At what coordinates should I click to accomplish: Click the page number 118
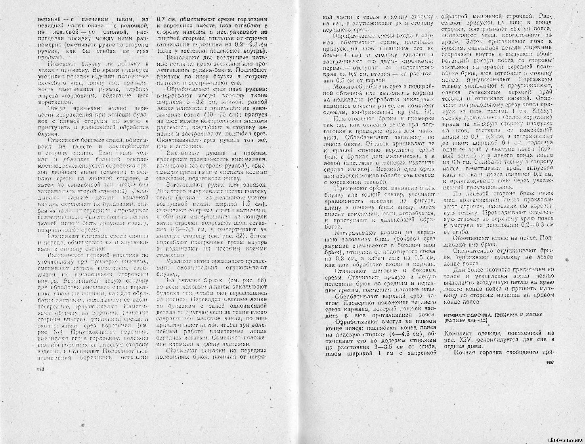(40, 369)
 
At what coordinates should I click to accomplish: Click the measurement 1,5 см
(253, 204)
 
